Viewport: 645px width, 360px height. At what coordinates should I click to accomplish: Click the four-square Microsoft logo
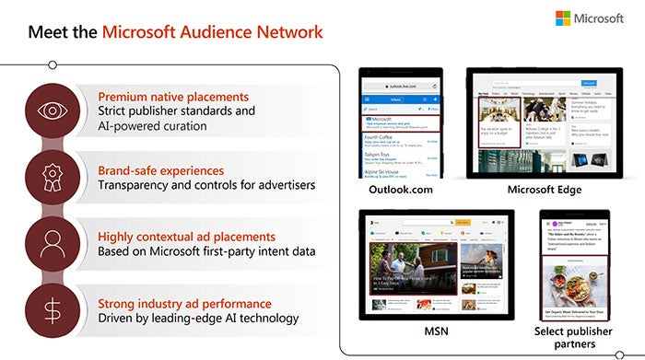pyautogui.click(x=563, y=18)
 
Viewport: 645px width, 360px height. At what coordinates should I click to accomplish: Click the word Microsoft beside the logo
pyautogui.click(x=600, y=19)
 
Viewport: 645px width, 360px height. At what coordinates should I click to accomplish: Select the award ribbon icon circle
pyautogui.click(x=52, y=173)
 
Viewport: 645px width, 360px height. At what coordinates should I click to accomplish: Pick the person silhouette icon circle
pyautogui.click(x=52, y=241)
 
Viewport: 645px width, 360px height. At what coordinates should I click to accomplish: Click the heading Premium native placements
pyautogui.click(x=173, y=96)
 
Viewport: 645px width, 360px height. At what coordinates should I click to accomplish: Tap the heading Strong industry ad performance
pyautogui.click(x=184, y=303)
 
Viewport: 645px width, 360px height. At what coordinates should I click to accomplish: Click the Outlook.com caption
pyautogui.click(x=398, y=190)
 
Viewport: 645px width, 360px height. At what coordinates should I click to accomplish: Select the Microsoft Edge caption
pyautogui.click(x=543, y=190)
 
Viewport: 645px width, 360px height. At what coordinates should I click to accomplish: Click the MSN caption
pyautogui.click(x=434, y=330)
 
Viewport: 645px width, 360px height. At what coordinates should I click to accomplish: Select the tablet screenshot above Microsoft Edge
pyautogui.click(x=543, y=122)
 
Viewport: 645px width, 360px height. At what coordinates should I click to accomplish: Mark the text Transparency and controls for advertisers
pyautogui.click(x=205, y=185)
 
